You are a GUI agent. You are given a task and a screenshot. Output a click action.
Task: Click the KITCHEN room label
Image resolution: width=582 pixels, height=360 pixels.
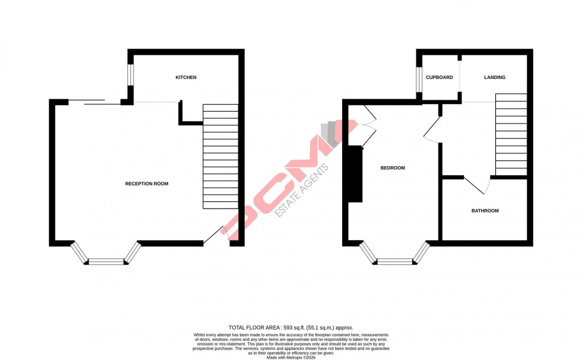point(186,78)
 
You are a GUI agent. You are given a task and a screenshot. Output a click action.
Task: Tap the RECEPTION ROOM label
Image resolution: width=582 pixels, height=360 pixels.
point(147,184)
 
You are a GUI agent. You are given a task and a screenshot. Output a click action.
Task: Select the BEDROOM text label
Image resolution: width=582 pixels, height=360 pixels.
point(393,168)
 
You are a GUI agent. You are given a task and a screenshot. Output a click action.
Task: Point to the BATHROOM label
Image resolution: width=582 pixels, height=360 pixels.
point(485,211)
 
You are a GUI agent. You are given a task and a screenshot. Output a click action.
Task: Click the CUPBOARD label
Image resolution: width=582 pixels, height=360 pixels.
point(439,78)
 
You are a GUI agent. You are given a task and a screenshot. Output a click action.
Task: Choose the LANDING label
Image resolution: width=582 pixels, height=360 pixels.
point(495,78)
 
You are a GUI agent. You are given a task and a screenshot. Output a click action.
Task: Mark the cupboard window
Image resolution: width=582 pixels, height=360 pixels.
point(419,80)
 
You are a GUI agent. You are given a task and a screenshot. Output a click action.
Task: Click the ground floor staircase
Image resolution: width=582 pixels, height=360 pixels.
point(220,156)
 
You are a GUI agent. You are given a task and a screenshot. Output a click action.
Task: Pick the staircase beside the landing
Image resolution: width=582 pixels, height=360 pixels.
point(511,134)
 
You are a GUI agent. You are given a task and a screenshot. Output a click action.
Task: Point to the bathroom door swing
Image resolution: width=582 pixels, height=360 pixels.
point(478,186)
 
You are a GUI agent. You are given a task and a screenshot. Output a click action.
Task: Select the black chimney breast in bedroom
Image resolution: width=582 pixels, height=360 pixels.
point(355,173)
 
